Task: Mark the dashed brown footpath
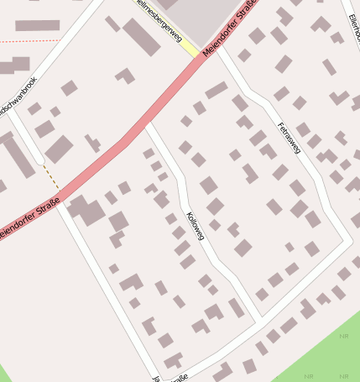tap(51, 176)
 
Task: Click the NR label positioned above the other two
tap(343, 337)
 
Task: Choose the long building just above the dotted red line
tap(38, 25)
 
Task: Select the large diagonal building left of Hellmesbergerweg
tap(141, 37)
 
